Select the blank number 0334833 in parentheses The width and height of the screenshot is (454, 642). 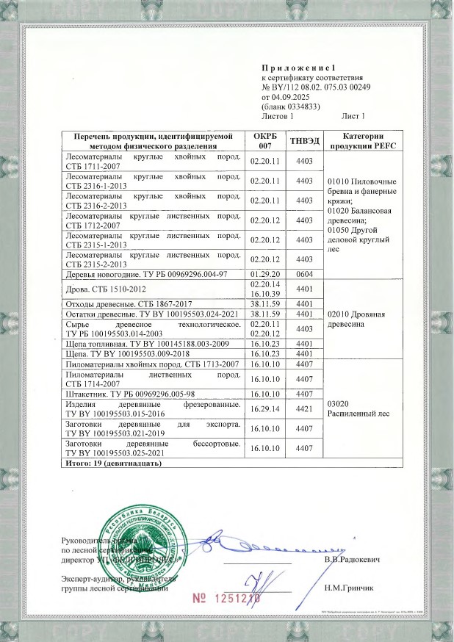297,106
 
